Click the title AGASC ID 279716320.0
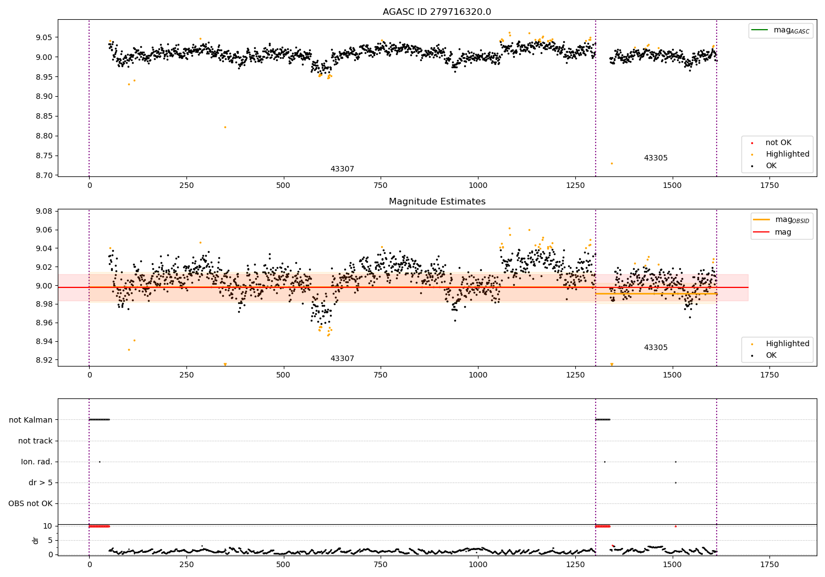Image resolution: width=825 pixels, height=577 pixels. click(x=437, y=12)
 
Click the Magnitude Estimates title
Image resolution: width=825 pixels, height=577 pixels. click(x=437, y=202)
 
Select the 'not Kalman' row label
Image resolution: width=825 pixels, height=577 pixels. click(x=31, y=420)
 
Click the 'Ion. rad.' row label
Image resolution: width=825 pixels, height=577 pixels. click(x=37, y=462)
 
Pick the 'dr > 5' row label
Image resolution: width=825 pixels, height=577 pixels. click(x=41, y=482)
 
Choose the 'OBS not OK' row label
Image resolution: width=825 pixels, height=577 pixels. click(x=31, y=503)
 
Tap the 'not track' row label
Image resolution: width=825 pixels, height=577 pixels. click(x=35, y=441)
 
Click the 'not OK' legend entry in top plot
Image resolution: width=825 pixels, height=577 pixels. click(x=778, y=143)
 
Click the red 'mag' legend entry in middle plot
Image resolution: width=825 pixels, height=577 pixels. click(x=783, y=232)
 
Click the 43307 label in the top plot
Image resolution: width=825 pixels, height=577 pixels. click(x=342, y=169)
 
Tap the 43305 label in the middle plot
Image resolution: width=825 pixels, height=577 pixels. click(x=656, y=347)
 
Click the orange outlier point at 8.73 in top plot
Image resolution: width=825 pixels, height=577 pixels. click(x=612, y=163)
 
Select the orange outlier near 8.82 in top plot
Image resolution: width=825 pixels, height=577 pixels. click(x=225, y=127)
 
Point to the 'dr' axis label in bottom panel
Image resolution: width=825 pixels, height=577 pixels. click(x=36, y=540)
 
